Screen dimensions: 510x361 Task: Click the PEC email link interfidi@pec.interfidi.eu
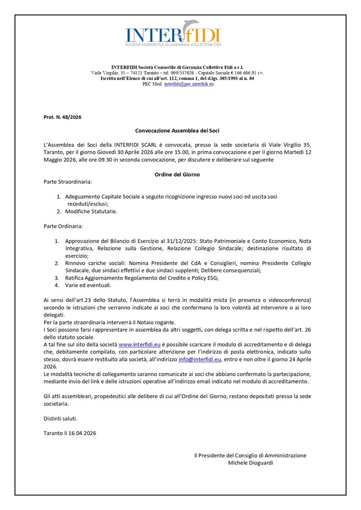click(189, 83)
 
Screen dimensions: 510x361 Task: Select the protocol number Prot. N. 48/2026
click(63, 117)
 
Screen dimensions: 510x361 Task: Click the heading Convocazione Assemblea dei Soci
click(177, 131)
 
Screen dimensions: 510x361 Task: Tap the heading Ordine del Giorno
click(177, 175)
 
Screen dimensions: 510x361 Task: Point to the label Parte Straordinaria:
click(68, 182)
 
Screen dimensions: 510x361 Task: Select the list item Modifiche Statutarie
click(91, 211)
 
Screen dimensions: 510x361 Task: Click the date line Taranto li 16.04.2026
click(70, 433)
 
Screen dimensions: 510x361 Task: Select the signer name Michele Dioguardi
click(250, 463)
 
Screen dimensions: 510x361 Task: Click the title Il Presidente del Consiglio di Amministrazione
click(250, 455)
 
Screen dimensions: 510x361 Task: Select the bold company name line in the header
click(177, 68)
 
